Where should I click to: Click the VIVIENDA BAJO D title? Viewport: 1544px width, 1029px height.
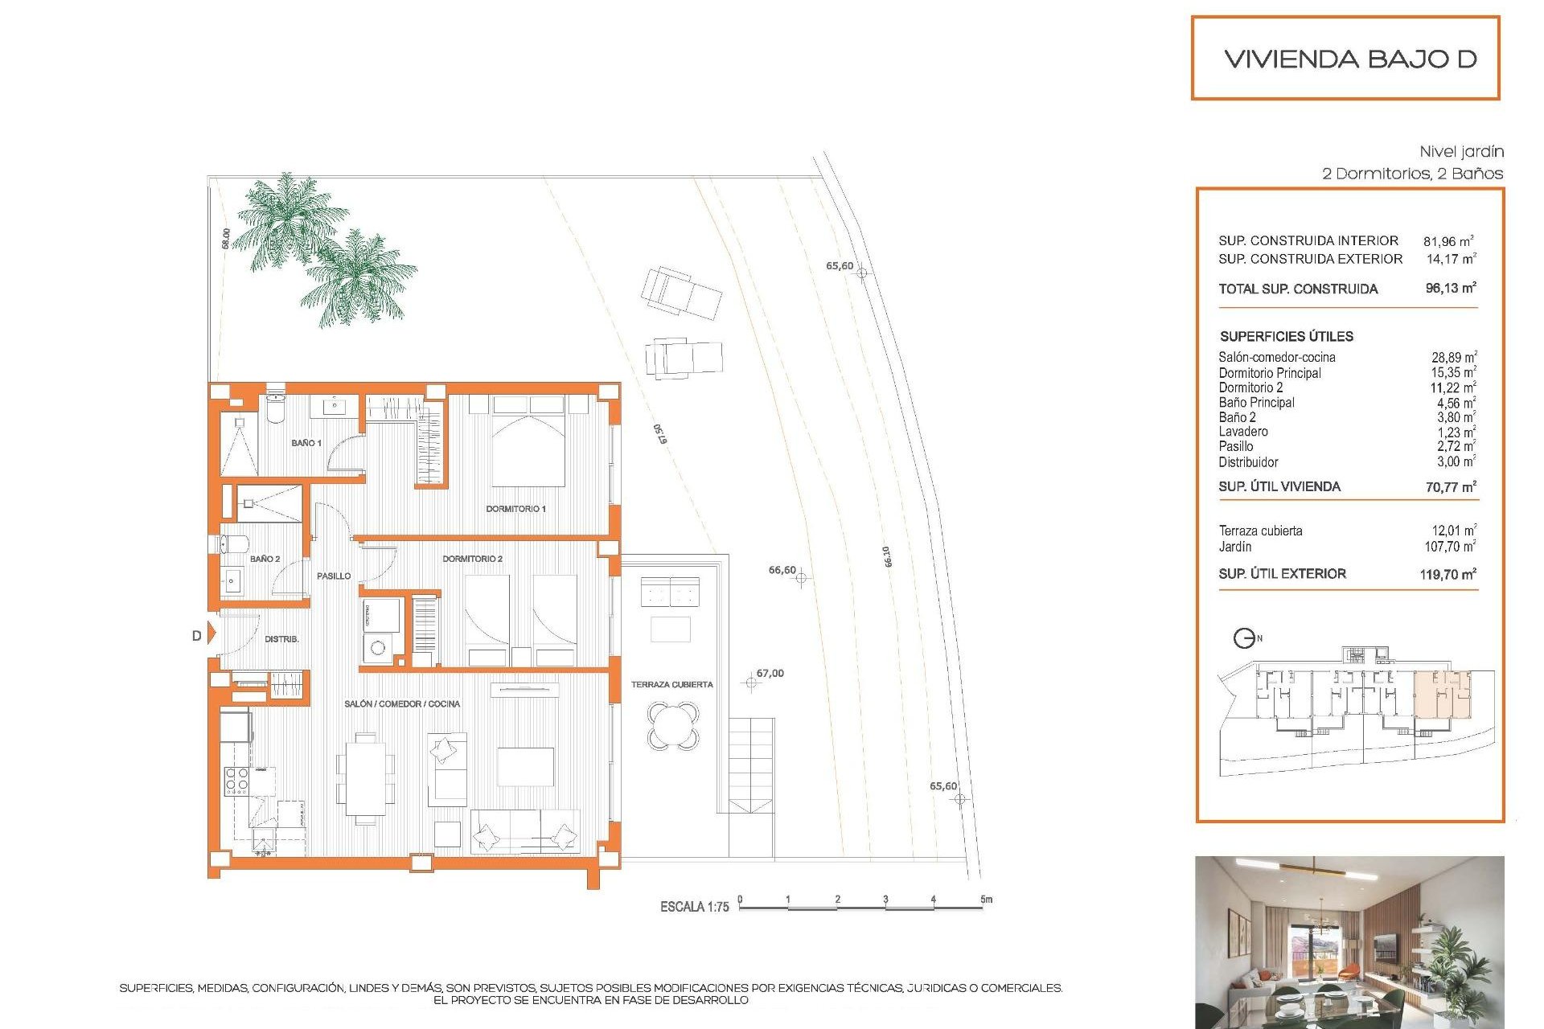point(1350,59)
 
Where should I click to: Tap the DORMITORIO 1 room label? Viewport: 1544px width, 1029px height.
point(515,509)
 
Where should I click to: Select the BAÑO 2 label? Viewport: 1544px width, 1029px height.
point(265,559)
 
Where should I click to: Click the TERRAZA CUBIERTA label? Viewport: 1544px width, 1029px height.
point(671,685)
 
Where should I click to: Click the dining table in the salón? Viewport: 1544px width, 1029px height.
point(366,777)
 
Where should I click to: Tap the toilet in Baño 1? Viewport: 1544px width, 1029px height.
point(275,408)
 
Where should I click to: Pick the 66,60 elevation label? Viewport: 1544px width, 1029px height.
point(782,570)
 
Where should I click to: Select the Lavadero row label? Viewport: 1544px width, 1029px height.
point(1242,432)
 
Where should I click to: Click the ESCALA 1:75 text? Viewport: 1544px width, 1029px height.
point(694,907)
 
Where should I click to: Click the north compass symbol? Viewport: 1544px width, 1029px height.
point(1244,638)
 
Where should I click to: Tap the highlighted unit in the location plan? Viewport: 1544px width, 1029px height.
point(1442,696)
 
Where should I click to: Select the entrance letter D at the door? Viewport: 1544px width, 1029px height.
point(196,636)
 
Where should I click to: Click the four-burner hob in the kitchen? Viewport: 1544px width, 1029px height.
point(236,781)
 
